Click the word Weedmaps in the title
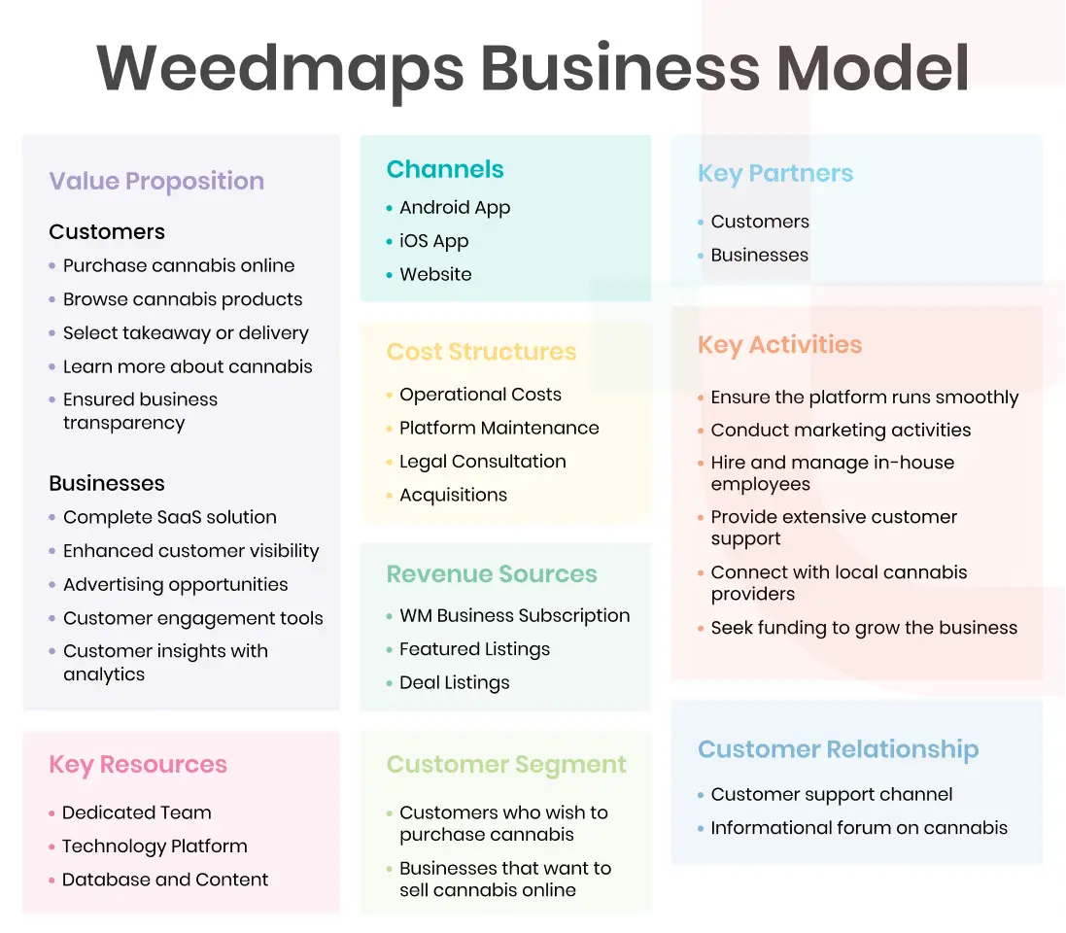(x=279, y=69)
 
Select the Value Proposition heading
(x=156, y=182)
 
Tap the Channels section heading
(x=445, y=170)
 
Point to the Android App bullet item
(x=455, y=208)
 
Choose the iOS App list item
(x=433, y=241)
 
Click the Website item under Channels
(x=435, y=275)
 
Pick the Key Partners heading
(x=774, y=174)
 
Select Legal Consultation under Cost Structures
(x=482, y=462)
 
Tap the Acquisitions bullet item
(x=453, y=496)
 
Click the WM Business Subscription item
(x=514, y=616)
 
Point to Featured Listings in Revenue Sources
(x=474, y=649)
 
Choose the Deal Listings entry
(x=454, y=683)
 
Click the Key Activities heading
(x=779, y=345)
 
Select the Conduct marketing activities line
(x=841, y=431)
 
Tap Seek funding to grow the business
(x=864, y=628)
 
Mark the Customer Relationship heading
(x=838, y=750)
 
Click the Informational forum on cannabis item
(x=859, y=829)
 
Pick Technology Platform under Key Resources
(x=155, y=847)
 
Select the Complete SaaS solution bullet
(x=170, y=518)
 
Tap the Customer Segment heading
(x=506, y=766)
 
